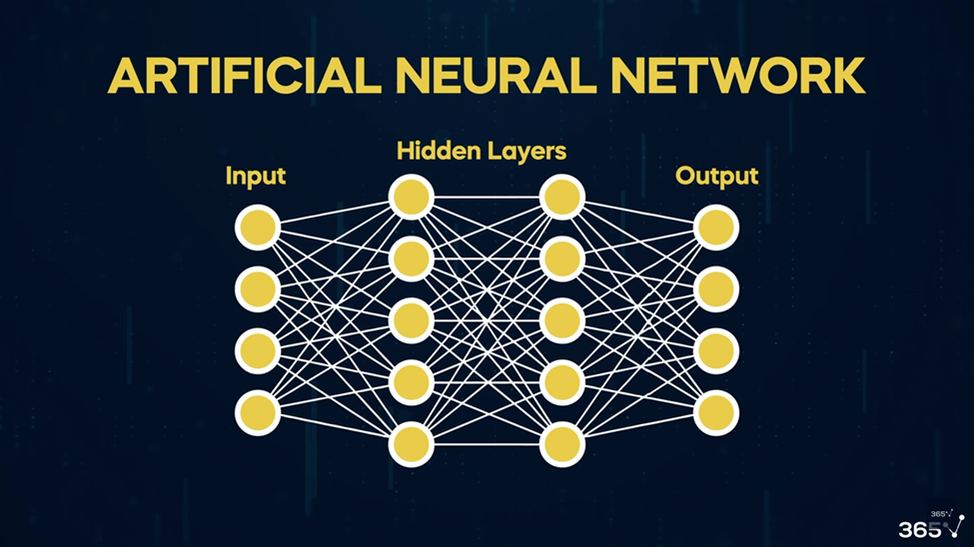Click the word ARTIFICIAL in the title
point(244,76)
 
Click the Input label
point(256,177)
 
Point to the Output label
point(717,177)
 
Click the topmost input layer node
point(258,228)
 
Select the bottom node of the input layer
point(258,413)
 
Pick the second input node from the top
point(258,289)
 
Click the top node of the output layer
point(716,228)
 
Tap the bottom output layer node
point(716,413)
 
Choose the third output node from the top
point(716,351)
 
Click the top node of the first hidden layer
point(412,198)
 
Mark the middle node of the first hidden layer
point(412,320)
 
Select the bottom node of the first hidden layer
point(412,444)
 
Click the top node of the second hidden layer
point(562,198)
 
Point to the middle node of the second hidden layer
point(562,320)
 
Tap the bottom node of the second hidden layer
point(562,444)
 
